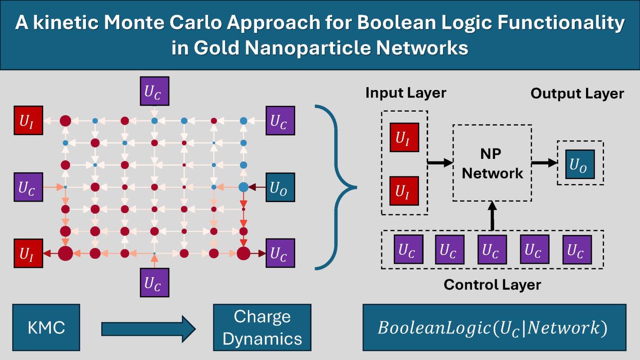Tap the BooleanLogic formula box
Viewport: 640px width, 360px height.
point(494,328)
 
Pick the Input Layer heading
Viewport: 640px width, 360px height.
point(406,93)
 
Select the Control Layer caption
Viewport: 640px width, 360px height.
point(492,284)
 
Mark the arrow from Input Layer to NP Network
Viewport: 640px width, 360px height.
point(440,163)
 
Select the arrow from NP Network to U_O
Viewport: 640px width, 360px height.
point(544,163)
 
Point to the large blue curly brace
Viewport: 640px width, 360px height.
point(335,187)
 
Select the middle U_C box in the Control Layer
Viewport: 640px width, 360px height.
point(492,249)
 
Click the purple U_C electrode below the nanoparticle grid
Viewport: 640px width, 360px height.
point(154,282)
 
